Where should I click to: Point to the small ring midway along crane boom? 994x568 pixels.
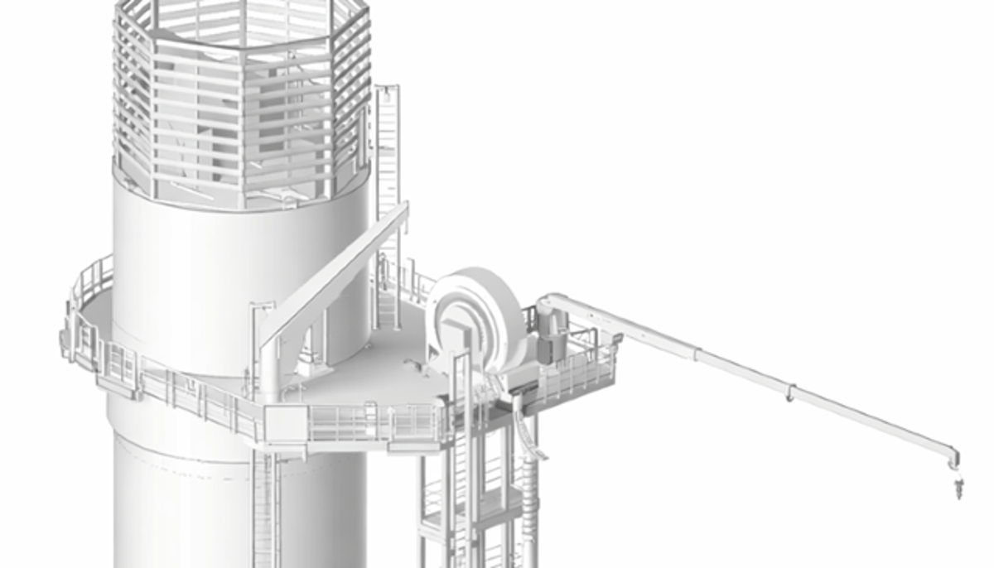click(x=790, y=391)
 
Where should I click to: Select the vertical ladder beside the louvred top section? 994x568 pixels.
click(x=387, y=149)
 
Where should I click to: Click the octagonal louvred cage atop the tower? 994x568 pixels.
click(x=240, y=99)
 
